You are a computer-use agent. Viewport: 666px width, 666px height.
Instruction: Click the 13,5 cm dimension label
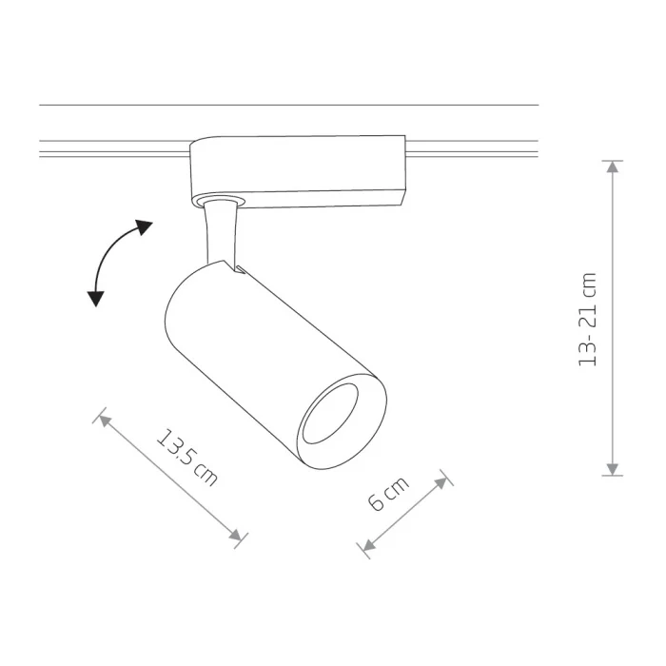point(186,457)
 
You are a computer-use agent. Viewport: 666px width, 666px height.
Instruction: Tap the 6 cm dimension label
point(388,494)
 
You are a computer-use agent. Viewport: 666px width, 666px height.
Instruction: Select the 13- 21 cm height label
point(588,320)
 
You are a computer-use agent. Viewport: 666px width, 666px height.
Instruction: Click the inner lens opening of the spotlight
point(330,413)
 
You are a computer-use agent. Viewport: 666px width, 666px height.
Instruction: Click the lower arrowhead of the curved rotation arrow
point(96,299)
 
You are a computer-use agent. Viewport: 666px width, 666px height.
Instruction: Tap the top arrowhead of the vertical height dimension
point(612,166)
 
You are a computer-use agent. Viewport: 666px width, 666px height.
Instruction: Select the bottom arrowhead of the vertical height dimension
point(612,469)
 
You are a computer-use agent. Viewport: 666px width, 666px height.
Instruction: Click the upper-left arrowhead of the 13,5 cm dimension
point(105,421)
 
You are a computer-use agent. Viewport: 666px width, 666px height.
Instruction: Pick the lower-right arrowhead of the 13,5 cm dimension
point(236,536)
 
